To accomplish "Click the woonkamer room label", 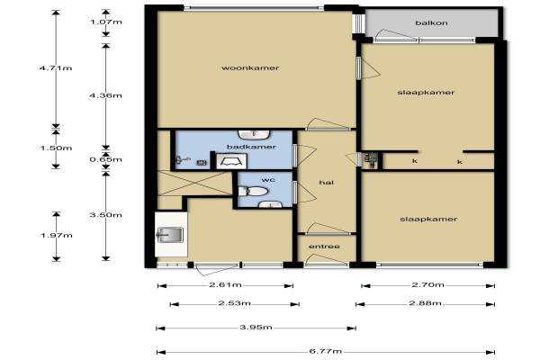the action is (250, 67).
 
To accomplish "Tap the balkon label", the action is (431, 23).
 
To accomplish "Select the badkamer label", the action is (251, 147).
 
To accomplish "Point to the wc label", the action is (268, 180).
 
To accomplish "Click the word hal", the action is (326, 182).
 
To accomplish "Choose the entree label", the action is (324, 247).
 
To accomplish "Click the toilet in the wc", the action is (253, 191).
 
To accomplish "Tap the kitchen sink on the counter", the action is (170, 235).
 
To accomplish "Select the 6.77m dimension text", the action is (326, 351).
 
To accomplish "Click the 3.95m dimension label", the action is (256, 327).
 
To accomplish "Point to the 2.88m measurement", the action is (426, 303).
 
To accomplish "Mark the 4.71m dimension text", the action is (56, 67).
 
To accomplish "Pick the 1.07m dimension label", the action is (106, 22).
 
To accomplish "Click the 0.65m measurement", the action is (105, 159).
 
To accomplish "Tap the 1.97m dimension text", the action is (57, 235).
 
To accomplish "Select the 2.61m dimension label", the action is (225, 285).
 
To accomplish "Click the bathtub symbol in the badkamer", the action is (231, 161).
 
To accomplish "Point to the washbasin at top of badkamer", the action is (254, 134).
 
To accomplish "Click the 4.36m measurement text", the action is (105, 95).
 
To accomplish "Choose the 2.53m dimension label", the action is (235, 303).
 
